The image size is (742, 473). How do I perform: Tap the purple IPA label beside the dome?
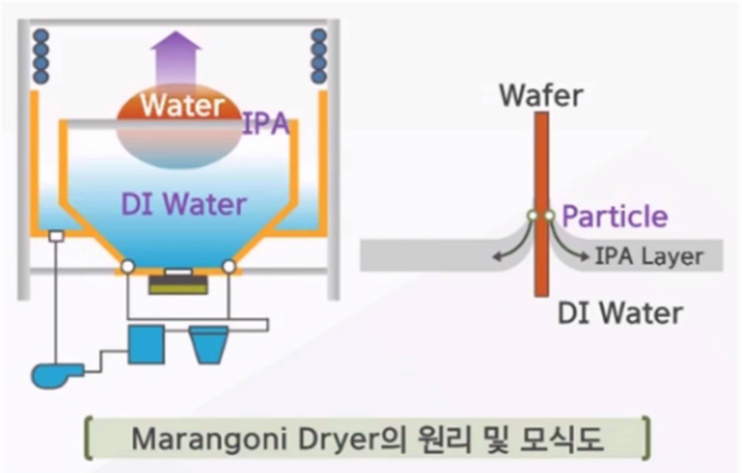click(265, 124)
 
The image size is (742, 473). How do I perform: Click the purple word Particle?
click(615, 217)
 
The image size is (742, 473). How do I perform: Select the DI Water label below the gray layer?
click(620, 313)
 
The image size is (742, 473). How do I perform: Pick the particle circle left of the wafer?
click(531, 218)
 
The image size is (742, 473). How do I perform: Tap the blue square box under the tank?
click(145, 343)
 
